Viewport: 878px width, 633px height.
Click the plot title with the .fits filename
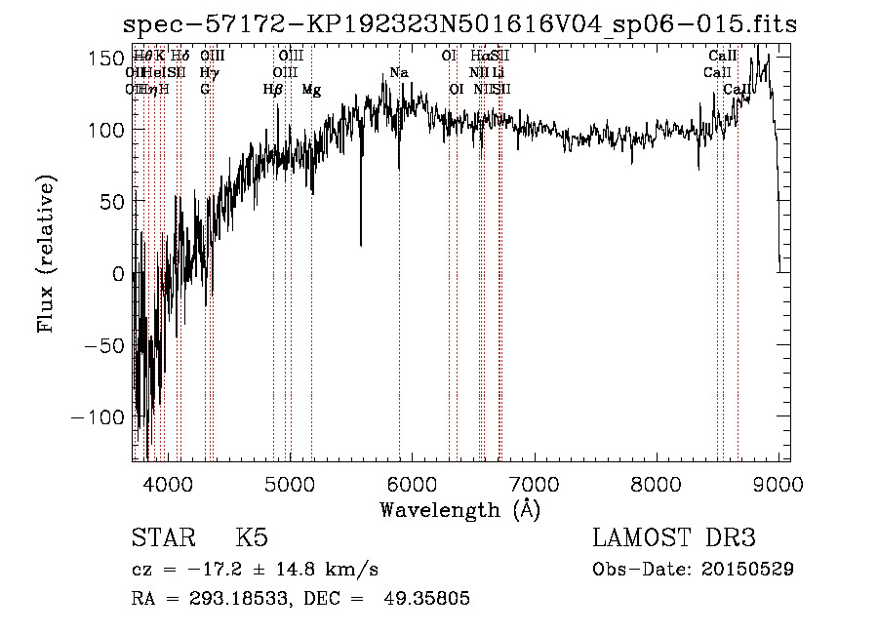point(460,25)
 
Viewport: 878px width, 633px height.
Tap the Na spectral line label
point(398,73)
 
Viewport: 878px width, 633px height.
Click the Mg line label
point(311,90)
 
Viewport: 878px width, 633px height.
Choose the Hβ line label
point(273,90)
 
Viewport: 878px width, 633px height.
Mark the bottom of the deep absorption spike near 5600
point(361,245)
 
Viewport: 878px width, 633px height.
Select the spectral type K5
point(252,538)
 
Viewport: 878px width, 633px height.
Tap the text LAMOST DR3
point(674,538)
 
